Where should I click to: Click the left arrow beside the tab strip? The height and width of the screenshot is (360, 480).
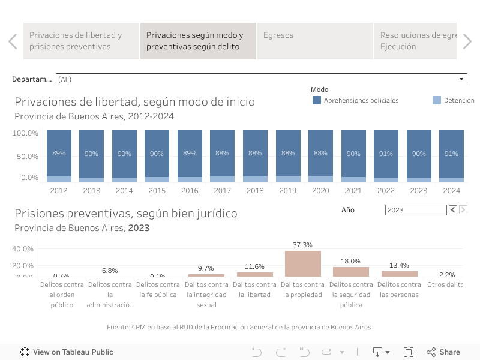pyautogui.click(x=13, y=41)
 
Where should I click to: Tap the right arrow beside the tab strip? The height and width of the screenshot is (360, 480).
pyautogui.click(x=467, y=41)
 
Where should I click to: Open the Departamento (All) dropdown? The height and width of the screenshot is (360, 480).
pyautogui.click(x=261, y=79)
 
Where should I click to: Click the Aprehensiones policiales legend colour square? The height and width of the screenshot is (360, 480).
pyautogui.click(x=317, y=101)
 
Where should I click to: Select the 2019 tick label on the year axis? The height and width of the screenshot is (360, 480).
pyautogui.click(x=287, y=191)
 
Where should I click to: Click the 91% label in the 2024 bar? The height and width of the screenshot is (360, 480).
pyautogui.click(x=451, y=154)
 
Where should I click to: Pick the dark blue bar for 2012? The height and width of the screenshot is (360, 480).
pyautogui.click(x=59, y=153)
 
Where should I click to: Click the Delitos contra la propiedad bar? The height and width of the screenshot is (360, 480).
pyautogui.click(x=303, y=263)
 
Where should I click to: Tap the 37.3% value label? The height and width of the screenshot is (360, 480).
pyautogui.click(x=303, y=245)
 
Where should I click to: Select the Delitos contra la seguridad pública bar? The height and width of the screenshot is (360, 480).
pyautogui.click(x=351, y=271)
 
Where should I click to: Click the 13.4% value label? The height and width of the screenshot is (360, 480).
pyautogui.click(x=399, y=265)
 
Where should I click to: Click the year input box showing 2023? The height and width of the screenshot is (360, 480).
pyautogui.click(x=415, y=210)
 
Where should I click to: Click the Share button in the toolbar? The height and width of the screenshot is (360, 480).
pyautogui.click(x=443, y=352)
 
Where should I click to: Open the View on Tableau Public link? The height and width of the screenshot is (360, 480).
pyautogui.click(x=67, y=352)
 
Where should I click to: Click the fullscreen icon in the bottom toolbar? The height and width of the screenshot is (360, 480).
pyautogui.click(x=409, y=352)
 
